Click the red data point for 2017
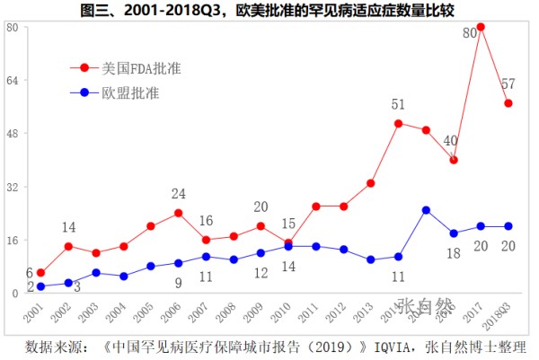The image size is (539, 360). (481, 27)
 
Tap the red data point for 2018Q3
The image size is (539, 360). (508, 103)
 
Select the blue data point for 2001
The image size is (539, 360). (41, 286)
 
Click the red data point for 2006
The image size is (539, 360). (179, 213)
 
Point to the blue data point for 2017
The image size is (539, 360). (481, 226)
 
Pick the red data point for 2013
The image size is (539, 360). (370, 183)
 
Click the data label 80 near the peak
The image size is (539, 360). (469, 34)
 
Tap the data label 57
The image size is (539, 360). (508, 83)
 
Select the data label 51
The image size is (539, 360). (398, 105)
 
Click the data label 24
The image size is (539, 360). (179, 194)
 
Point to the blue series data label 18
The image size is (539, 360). (454, 253)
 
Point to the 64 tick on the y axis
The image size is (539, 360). (13, 80)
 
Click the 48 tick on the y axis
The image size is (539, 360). (13, 134)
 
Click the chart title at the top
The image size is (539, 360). (269, 11)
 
